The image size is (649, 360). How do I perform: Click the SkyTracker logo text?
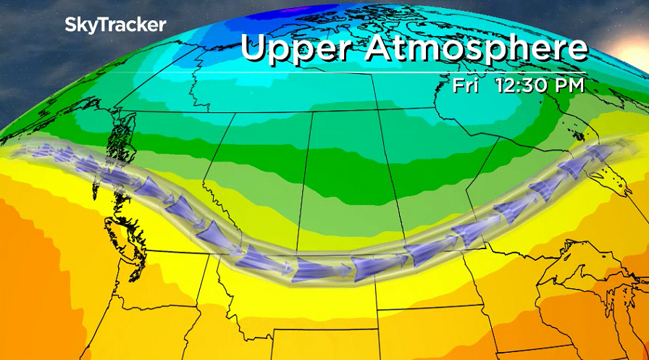[x=115, y=25]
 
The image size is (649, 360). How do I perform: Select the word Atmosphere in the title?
[x=475, y=49]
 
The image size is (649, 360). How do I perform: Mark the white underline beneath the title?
[x=413, y=72]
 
